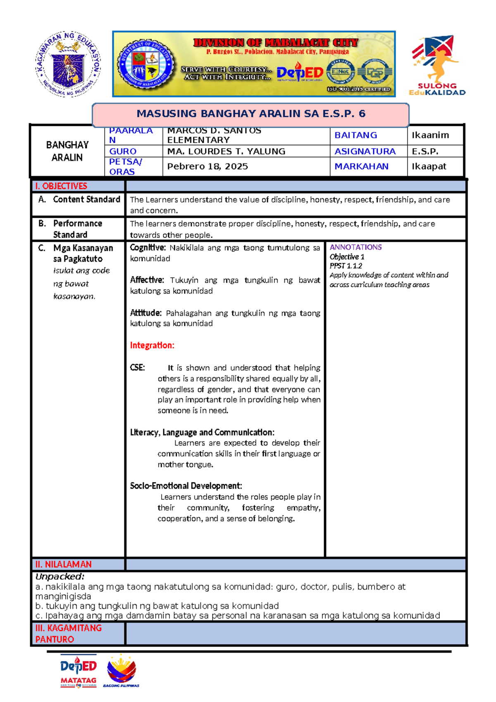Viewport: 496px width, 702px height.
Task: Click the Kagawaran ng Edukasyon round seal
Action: point(67,64)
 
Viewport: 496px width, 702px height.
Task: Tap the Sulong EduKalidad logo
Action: point(437,65)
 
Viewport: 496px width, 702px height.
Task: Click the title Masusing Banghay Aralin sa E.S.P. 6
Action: point(250,114)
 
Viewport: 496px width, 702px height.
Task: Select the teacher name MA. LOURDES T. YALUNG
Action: point(226,151)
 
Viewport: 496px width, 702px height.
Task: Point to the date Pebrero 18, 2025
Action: point(207,166)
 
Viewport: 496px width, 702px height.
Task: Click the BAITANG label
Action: point(355,135)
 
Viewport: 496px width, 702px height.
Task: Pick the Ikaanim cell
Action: point(430,135)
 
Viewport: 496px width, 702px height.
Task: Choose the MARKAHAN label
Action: point(361,166)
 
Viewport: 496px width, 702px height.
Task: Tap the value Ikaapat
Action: point(429,166)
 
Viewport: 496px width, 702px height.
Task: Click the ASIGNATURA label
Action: point(365,151)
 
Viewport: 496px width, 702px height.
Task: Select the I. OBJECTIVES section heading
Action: point(61,186)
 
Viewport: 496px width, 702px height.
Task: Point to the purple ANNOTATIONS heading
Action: point(355,247)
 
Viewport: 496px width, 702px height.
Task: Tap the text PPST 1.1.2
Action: point(346,266)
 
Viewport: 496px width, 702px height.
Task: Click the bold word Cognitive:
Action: point(148,248)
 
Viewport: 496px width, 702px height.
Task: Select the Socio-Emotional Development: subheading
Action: point(186,486)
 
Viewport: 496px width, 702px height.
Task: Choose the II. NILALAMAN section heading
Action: point(63,565)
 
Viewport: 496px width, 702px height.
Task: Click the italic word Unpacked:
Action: point(60,577)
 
